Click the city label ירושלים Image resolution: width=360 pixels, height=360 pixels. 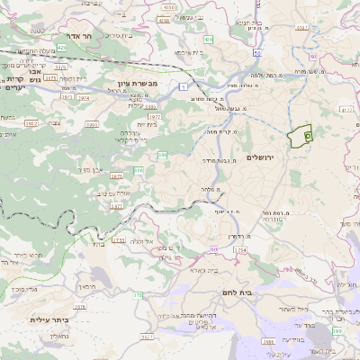pyautogui.click(x=264, y=157)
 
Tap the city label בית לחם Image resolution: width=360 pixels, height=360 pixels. pyautogui.click(x=237, y=292)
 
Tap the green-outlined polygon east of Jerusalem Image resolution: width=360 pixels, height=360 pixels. pyautogui.click(x=299, y=135)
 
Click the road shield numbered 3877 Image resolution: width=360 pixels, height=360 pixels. pyautogui.click(x=116, y=205)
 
